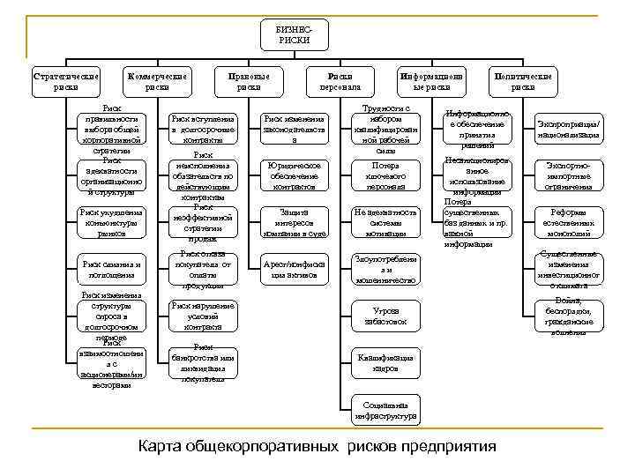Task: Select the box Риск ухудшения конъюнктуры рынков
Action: tap(111, 219)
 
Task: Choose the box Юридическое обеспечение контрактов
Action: tap(295, 175)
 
